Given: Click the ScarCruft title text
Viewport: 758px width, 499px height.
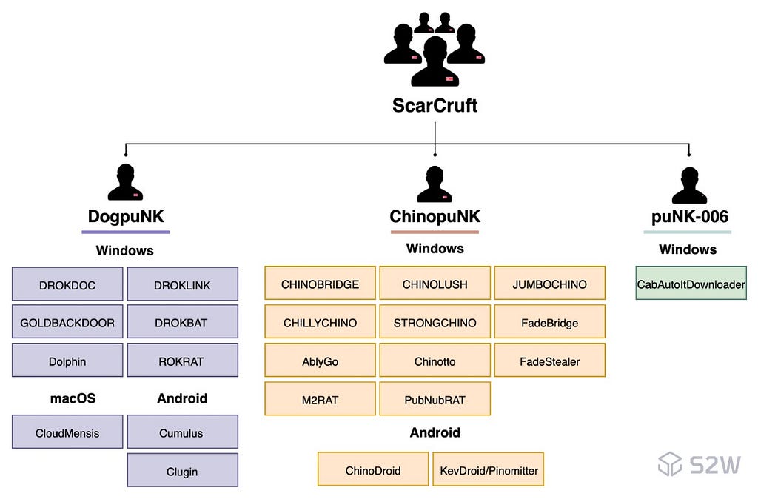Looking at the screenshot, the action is [435, 105].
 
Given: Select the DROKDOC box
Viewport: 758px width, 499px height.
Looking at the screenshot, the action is [67, 284].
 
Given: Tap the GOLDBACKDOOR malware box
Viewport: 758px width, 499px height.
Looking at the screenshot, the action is [67, 322].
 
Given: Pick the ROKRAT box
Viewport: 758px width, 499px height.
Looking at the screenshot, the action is [182, 361].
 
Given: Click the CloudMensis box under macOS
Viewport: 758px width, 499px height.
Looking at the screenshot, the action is [67, 432].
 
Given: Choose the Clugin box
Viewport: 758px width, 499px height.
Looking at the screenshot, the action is [182, 470].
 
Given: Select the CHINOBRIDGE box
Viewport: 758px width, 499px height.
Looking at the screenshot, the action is [320, 284].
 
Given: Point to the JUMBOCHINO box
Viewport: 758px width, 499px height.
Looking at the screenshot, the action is [550, 284].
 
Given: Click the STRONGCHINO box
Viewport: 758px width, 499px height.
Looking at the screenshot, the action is [435, 322].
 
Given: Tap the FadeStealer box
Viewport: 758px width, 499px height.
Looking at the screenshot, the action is [550, 361].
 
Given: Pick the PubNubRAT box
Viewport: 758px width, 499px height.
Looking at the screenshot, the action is [435, 399].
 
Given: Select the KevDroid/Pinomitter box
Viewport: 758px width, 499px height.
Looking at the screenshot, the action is [489, 469].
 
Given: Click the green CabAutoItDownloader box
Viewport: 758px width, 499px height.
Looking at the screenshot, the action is [691, 284].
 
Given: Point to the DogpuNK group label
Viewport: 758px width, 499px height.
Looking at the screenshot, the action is [126, 217].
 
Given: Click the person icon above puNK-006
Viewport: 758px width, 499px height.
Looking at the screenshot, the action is [689, 185].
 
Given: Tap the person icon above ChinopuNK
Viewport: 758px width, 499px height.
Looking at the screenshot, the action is [435, 184].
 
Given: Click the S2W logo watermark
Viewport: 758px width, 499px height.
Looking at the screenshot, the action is [699, 464].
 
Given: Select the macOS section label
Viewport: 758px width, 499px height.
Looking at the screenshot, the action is [73, 398].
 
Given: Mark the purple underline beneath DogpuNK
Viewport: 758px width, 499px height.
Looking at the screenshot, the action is [126, 232].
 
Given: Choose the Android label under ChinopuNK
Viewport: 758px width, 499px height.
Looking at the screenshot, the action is [435, 432].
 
